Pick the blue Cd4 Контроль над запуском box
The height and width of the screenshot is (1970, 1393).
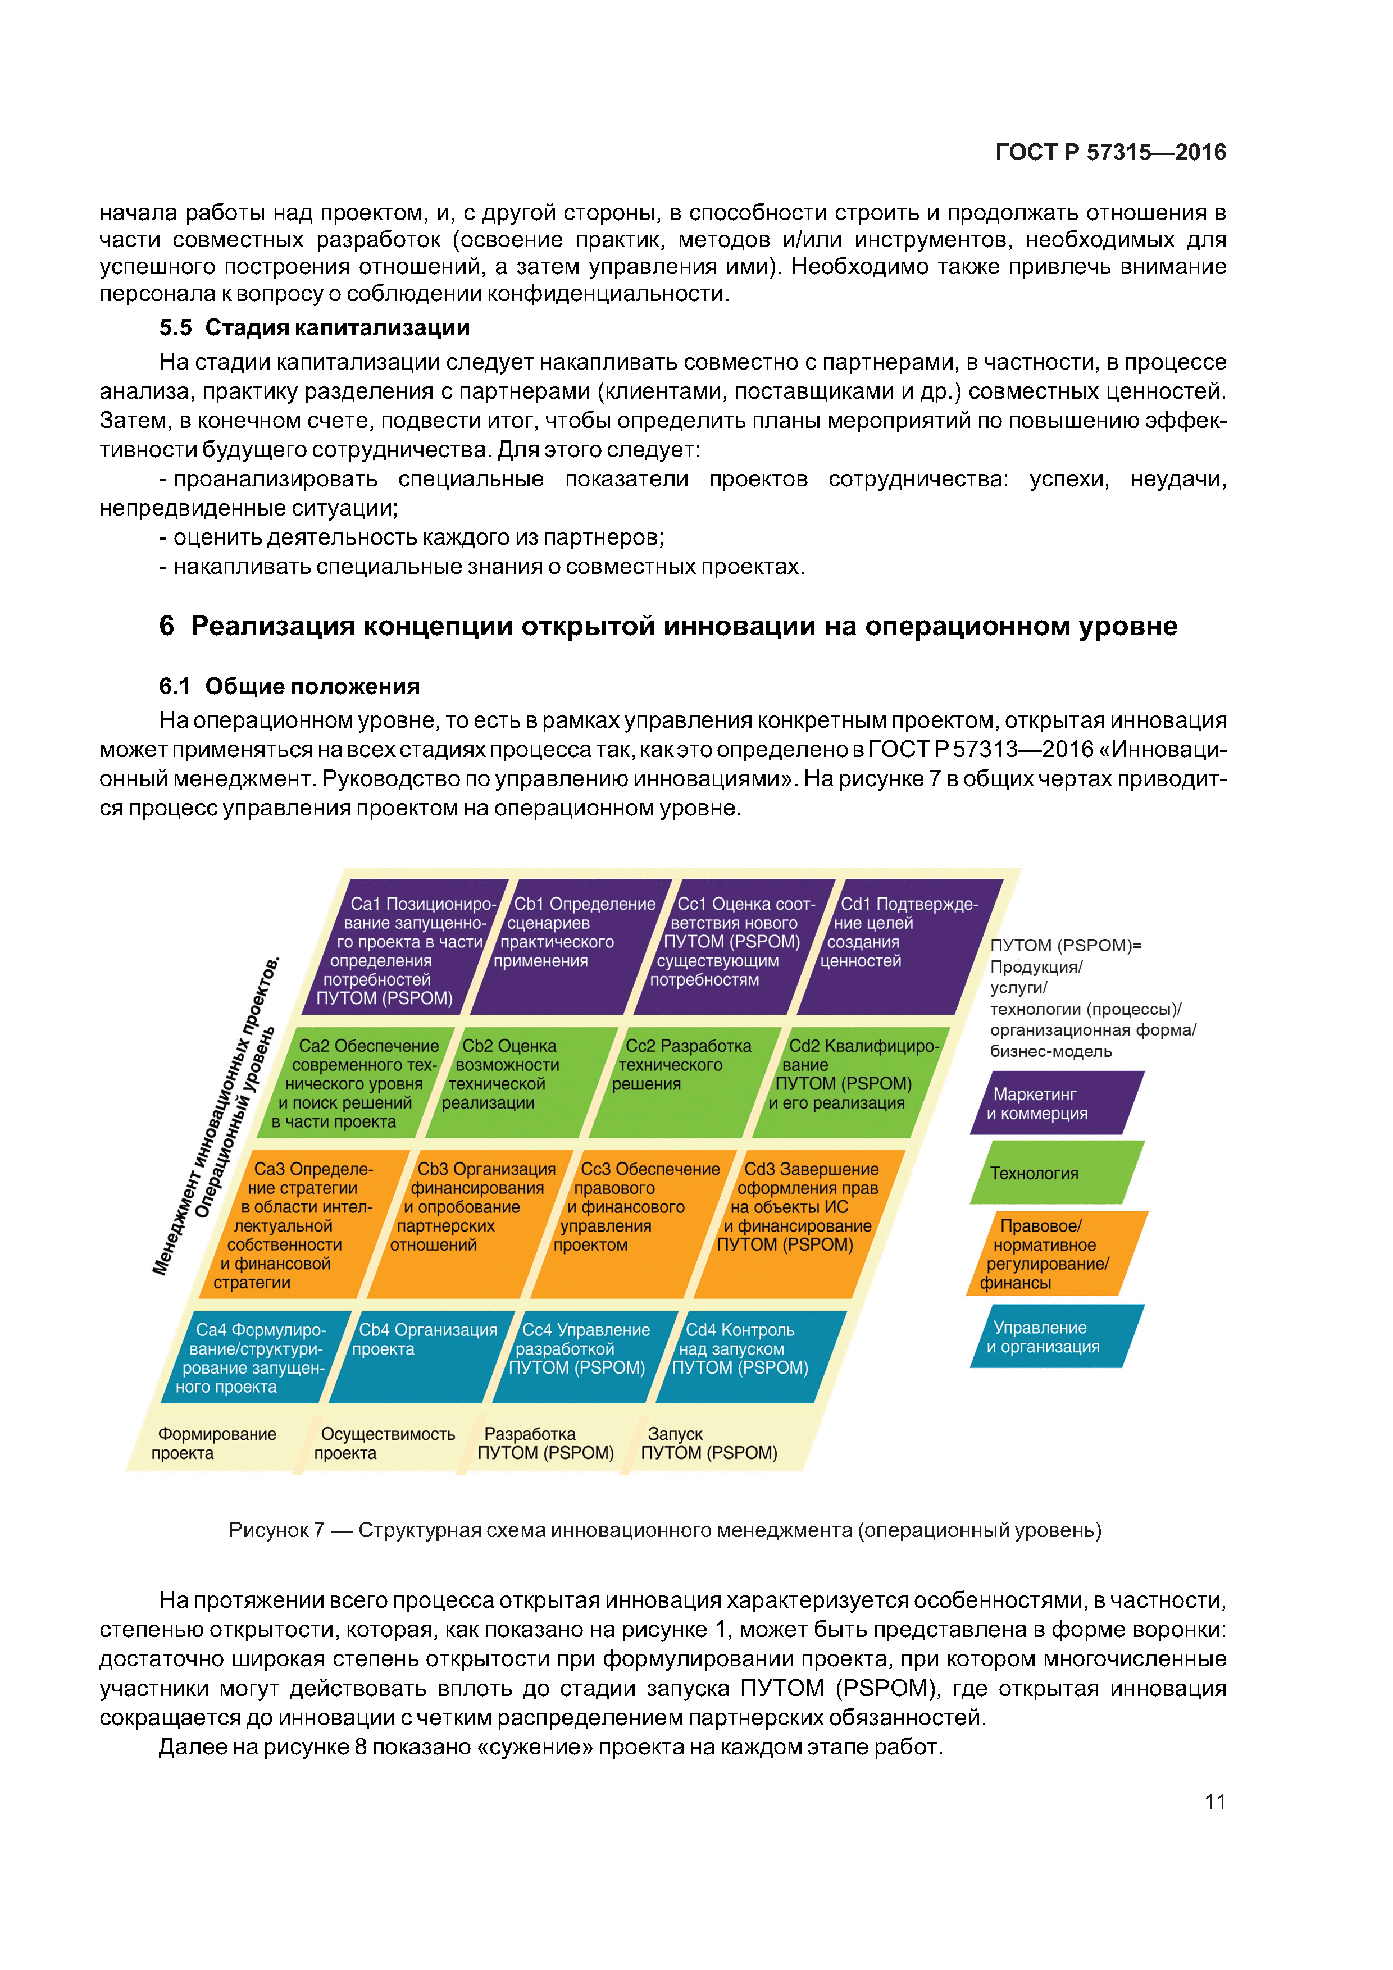pos(746,1356)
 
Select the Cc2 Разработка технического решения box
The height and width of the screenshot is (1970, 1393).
pos(682,1081)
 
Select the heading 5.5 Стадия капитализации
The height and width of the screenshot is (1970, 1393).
pos(314,328)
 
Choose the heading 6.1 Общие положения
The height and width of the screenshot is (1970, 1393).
pos(289,686)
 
